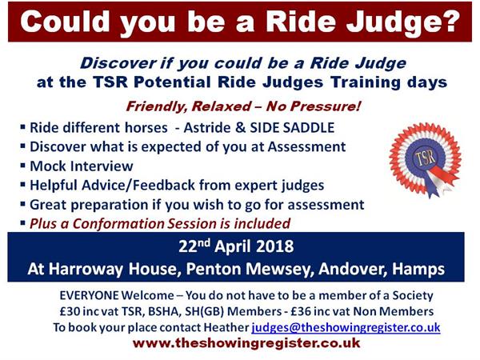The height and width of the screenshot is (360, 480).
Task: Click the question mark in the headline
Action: click(x=449, y=21)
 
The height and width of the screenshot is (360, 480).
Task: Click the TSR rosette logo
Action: click(x=426, y=159)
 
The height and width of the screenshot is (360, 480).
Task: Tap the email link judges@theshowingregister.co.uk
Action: click(x=346, y=327)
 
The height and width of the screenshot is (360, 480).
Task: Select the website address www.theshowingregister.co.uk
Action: click(x=246, y=343)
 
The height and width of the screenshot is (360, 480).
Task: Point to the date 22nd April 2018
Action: click(x=236, y=246)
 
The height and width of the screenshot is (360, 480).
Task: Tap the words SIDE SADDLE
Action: click(x=292, y=128)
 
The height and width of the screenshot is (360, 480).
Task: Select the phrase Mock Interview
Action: click(x=82, y=166)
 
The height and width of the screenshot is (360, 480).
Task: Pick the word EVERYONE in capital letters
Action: click(x=89, y=295)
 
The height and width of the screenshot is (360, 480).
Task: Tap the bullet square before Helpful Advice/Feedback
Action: click(x=23, y=185)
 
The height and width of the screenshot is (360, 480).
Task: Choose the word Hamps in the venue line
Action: click(x=418, y=270)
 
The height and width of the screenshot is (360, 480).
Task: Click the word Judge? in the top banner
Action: click(x=403, y=22)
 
